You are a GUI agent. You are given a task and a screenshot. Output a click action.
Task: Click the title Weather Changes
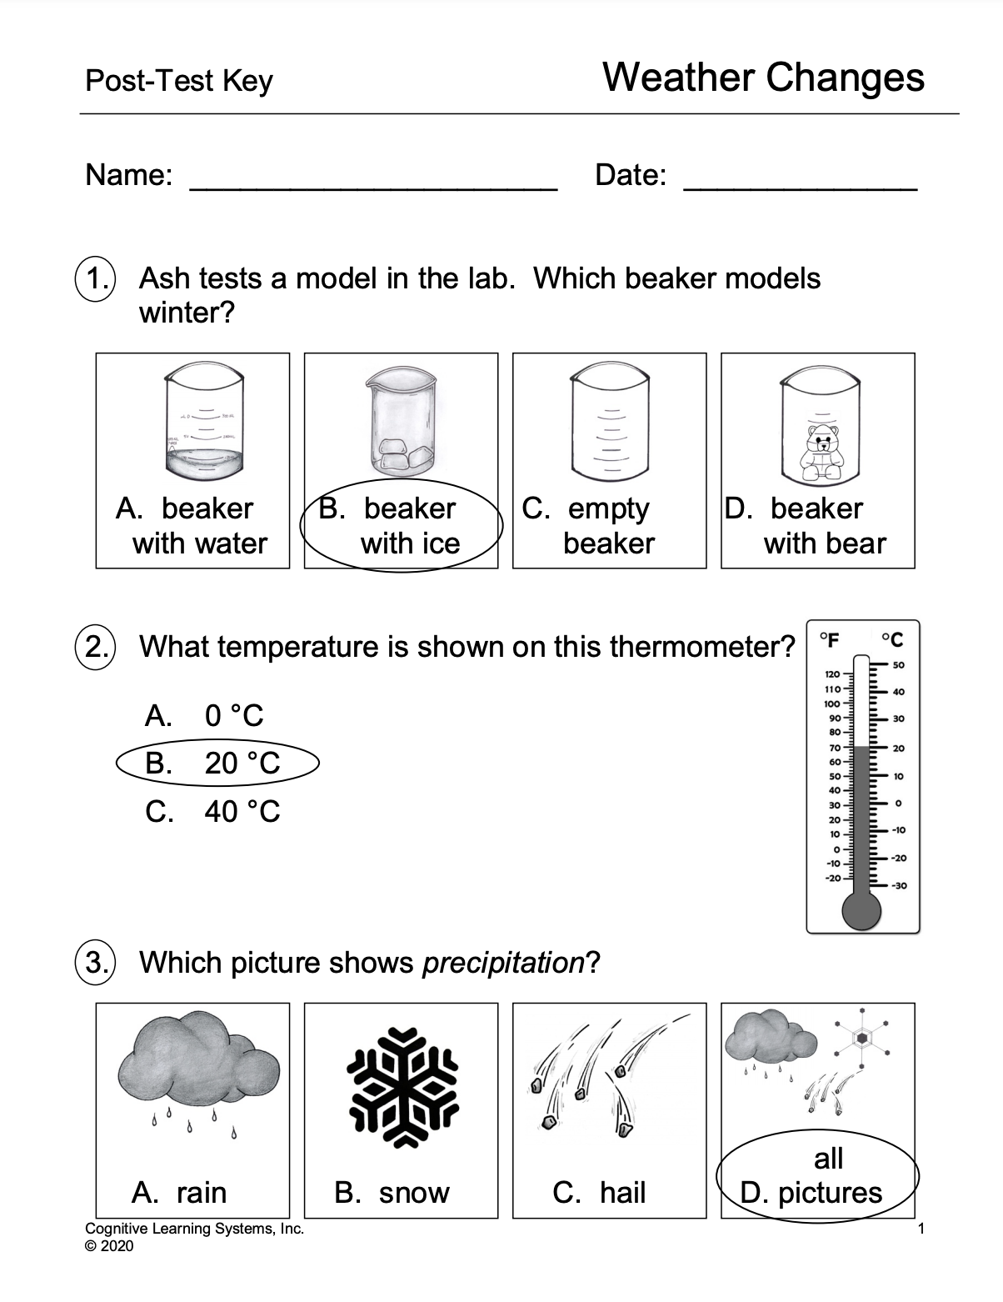click(763, 78)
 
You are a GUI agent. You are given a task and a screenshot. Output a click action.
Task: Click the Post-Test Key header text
click(178, 81)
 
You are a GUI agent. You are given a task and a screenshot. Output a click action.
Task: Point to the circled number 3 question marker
click(96, 962)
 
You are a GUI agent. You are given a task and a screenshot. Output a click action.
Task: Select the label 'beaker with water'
click(192, 526)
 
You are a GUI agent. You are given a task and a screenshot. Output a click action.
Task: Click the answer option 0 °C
click(204, 715)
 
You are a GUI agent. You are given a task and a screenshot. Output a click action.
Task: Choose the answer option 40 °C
click(212, 811)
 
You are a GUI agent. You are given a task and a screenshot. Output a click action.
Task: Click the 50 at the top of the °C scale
click(898, 664)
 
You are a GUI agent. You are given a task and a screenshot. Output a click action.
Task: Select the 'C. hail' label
click(599, 1193)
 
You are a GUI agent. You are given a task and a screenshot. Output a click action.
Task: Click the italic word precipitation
click(503, 963)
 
